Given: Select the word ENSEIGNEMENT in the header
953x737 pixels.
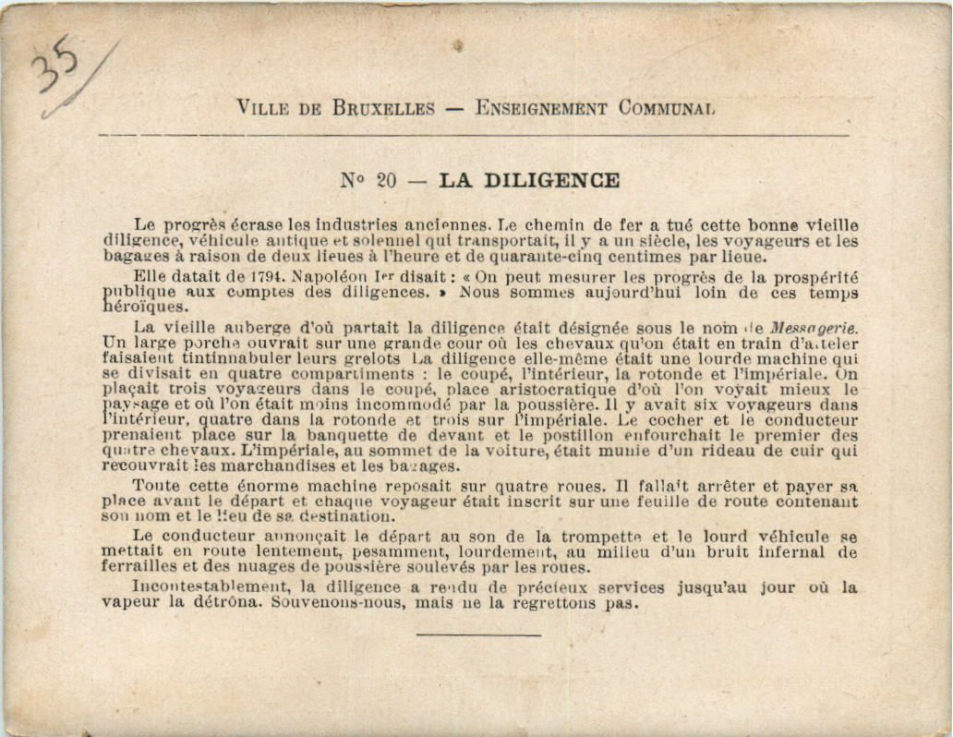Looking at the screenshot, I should coord(541,108).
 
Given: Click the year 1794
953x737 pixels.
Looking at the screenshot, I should coord(269,277).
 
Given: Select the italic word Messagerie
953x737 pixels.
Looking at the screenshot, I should coord(813,327).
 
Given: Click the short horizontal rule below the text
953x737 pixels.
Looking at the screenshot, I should coord(478,634).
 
